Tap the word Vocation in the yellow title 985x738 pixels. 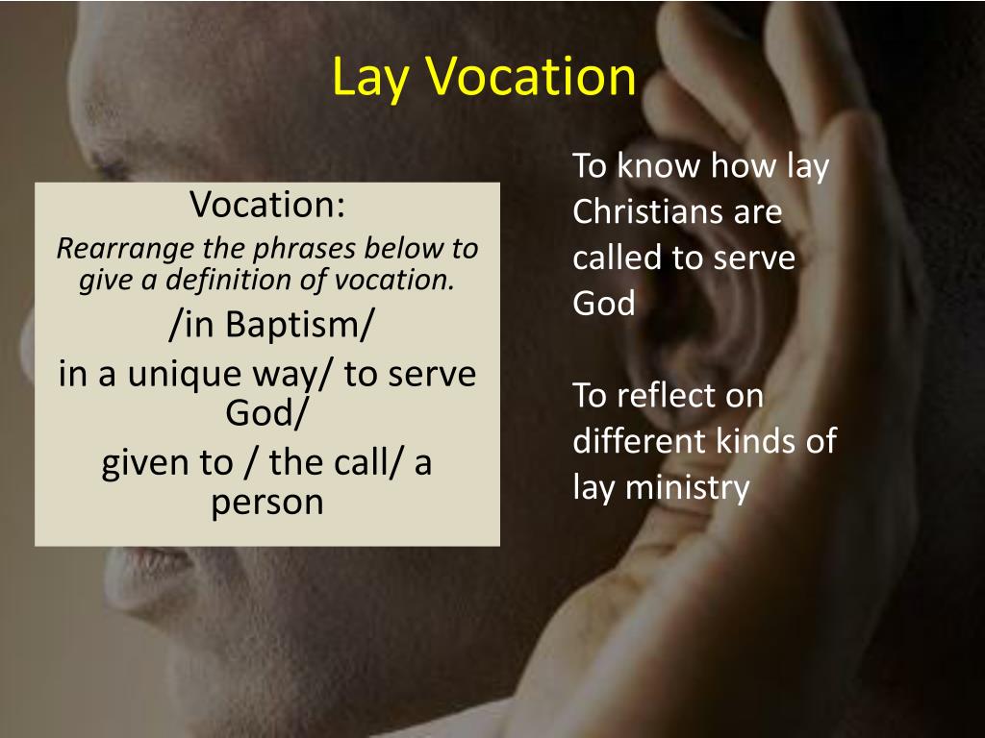click(529, 77)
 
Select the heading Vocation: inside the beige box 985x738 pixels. click(267, 204)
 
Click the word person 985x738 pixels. click(267, 502)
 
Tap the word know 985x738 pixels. click(658, 165)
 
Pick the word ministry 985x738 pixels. click(687, 487)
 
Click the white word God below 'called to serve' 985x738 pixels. click(604, 304)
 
